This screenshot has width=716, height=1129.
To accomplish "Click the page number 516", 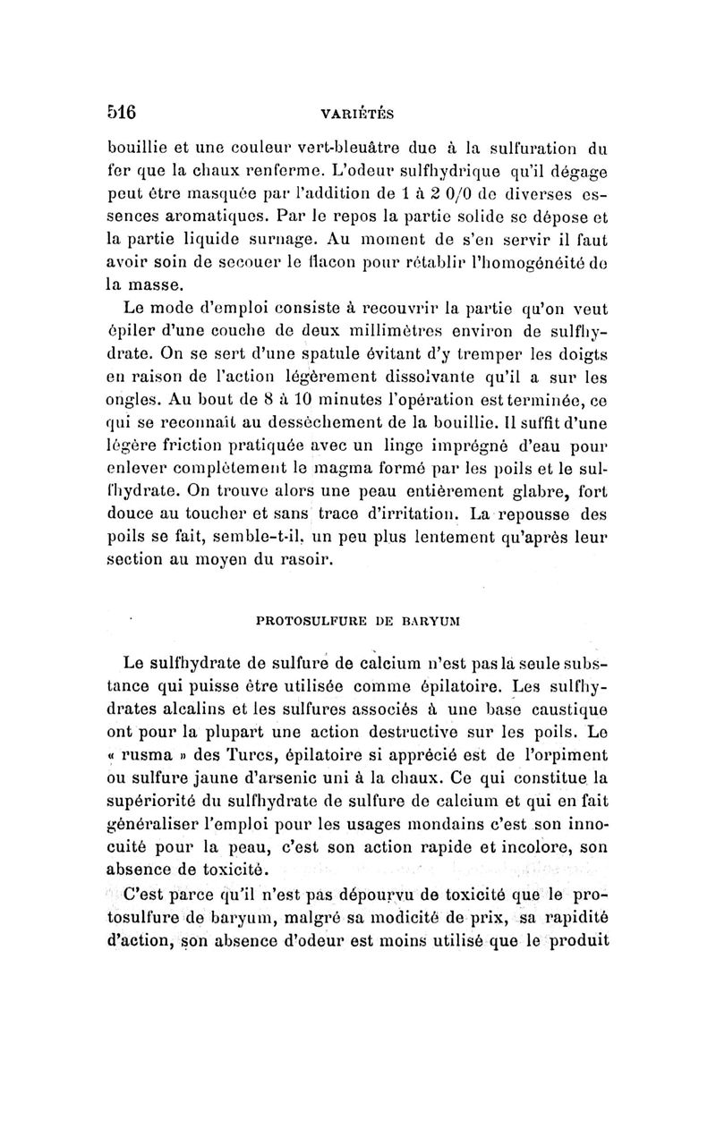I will pos(120,113).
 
